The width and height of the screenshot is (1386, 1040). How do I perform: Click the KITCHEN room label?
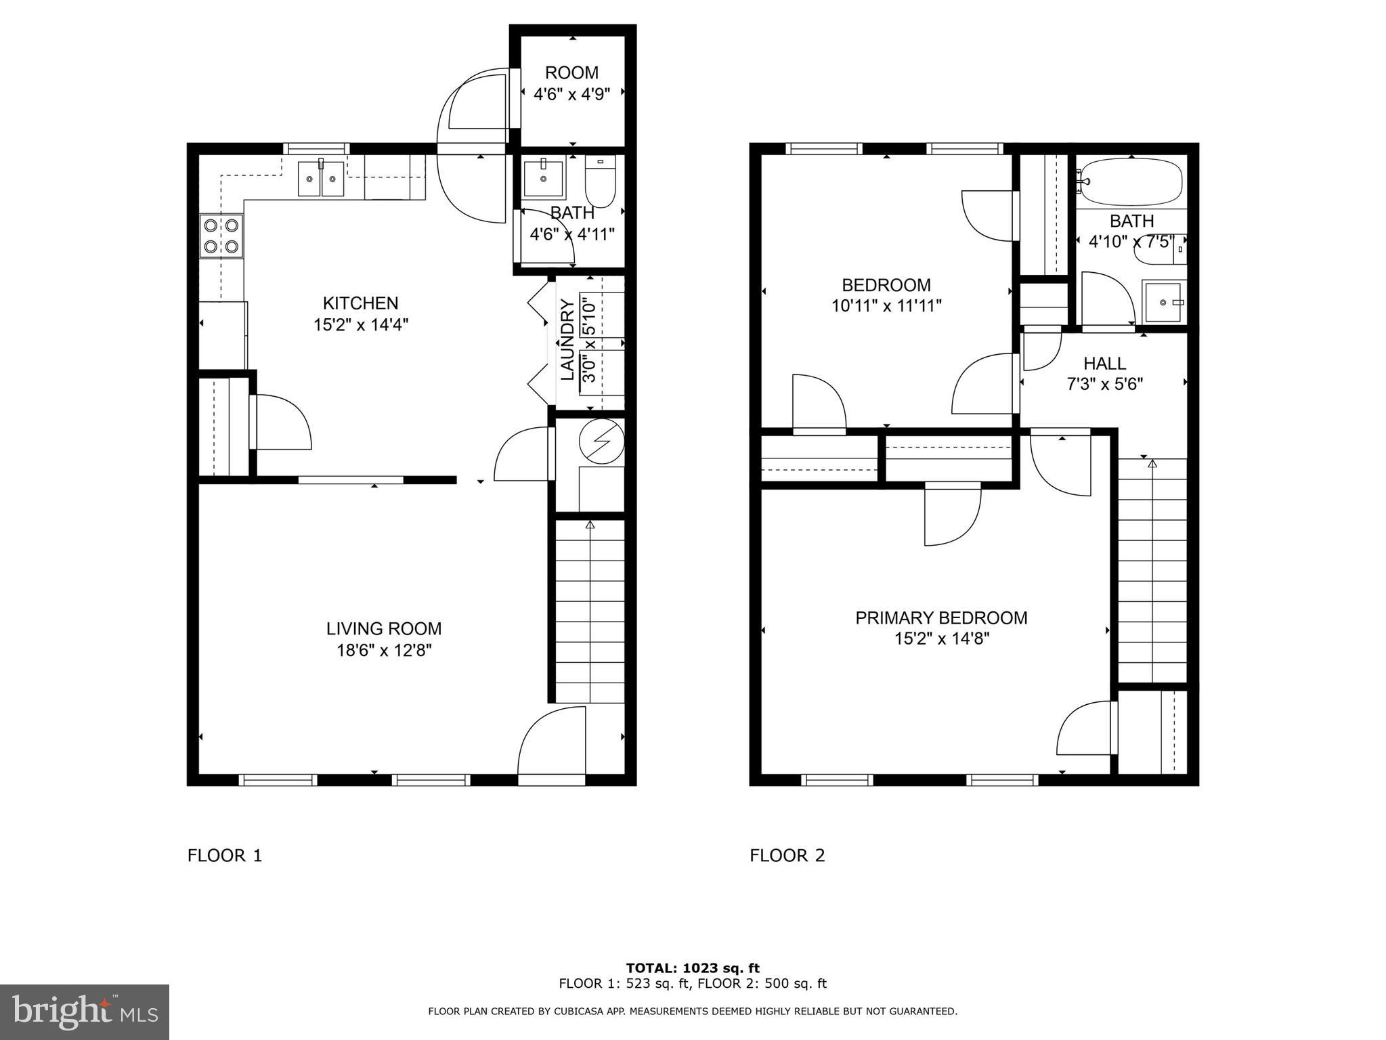point(360,303)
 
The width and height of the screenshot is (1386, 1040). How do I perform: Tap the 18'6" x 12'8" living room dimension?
point(384,651)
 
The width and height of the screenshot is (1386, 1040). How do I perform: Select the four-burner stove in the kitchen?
point(221,236)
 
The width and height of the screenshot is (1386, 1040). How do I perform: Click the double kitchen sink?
point(321,179)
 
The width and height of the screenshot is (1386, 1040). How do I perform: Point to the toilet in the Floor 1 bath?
point(600,181)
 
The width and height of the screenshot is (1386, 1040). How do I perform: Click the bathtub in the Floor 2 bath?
point(1131,181)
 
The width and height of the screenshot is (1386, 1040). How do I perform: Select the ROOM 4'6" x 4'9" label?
point(571,83)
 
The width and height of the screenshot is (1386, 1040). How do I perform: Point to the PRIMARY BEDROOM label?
point(941,617)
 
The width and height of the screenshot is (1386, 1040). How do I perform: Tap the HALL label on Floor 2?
point(1104,363)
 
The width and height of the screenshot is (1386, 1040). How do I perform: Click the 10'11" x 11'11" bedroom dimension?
point(886,306)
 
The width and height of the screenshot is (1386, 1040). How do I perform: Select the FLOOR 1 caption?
point(224,856)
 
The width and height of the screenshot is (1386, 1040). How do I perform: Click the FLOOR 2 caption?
point(787,856)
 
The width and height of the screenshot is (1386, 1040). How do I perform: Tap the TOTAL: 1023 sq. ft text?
point(693,968)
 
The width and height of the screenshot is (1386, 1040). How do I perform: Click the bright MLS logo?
point(84,1012)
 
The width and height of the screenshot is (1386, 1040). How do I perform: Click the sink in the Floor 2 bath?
point(1164,303)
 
